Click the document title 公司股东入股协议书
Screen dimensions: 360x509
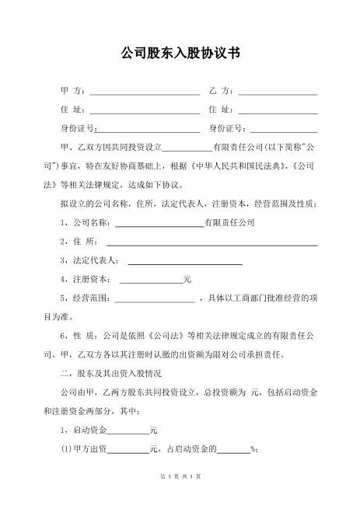tap(180, 54)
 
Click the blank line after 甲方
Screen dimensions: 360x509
tap(145, 92)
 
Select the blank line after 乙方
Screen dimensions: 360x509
tap(278, 92)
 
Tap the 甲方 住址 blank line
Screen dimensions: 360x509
tap(145, 110)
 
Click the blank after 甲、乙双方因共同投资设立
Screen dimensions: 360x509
tap(187, 148)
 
